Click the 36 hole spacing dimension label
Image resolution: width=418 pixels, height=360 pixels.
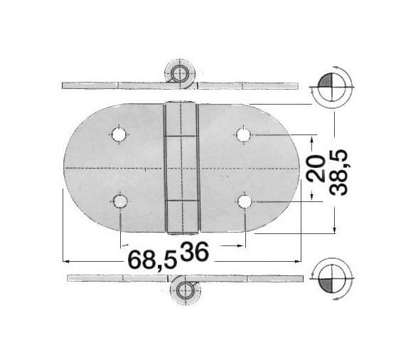[x=195, y=251]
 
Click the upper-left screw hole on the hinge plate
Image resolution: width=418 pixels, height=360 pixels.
[x=119, y=134]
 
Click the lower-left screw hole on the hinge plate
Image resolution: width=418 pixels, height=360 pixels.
[x=120, y=202]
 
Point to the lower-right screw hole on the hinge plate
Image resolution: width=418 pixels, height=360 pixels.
[x=245, y=202]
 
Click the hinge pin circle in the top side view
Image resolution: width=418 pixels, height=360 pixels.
[x=178, y=73]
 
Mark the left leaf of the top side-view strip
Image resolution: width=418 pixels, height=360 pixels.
[x=114, y=85]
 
